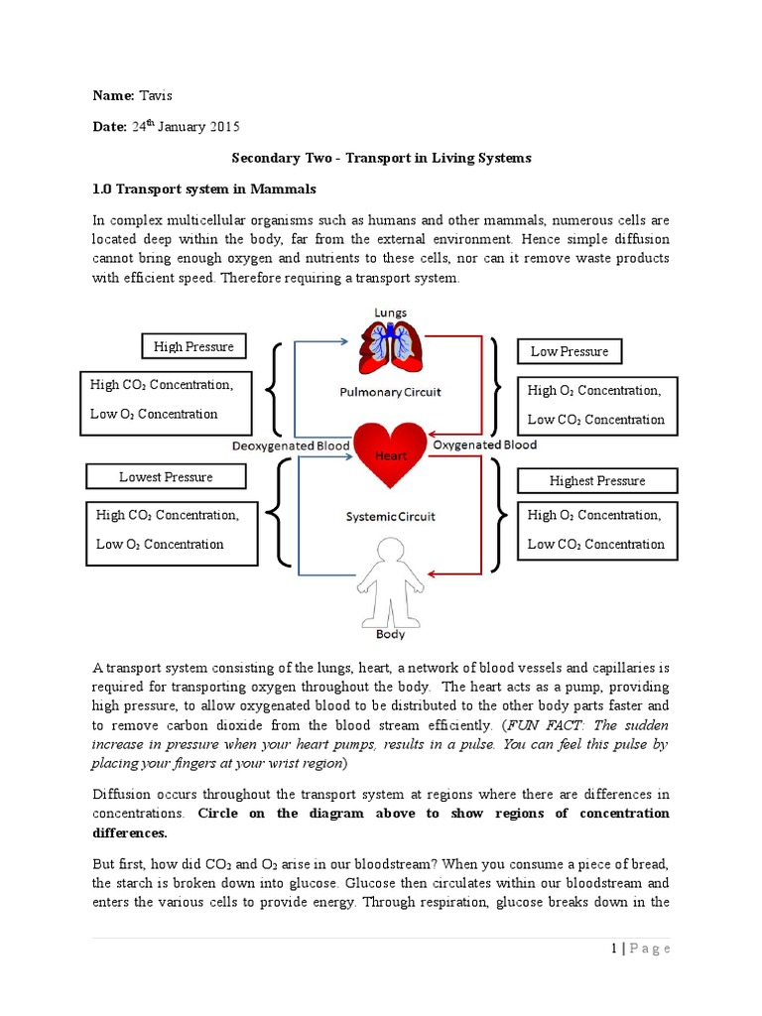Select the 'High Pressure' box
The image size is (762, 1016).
(x=193, y=346)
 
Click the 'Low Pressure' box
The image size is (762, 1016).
(x=570, y=351)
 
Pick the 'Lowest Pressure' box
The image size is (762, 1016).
(x=166, y=477)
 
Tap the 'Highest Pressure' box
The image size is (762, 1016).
(x=597, y=481)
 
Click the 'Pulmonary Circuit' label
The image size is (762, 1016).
(x=390, y=392)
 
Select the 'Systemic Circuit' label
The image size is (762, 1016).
(x=390, y=517)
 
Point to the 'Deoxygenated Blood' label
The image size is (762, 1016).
(x=291, y=446)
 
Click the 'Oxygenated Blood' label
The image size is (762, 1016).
(x=485, y=445)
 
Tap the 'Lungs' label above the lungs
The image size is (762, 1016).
(x=390, y=313)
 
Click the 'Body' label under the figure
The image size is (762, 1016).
(x=390, y=633)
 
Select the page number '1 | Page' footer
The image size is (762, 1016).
(x=641, y=949)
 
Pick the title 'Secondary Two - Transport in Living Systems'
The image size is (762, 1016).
(x=381, y=158)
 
